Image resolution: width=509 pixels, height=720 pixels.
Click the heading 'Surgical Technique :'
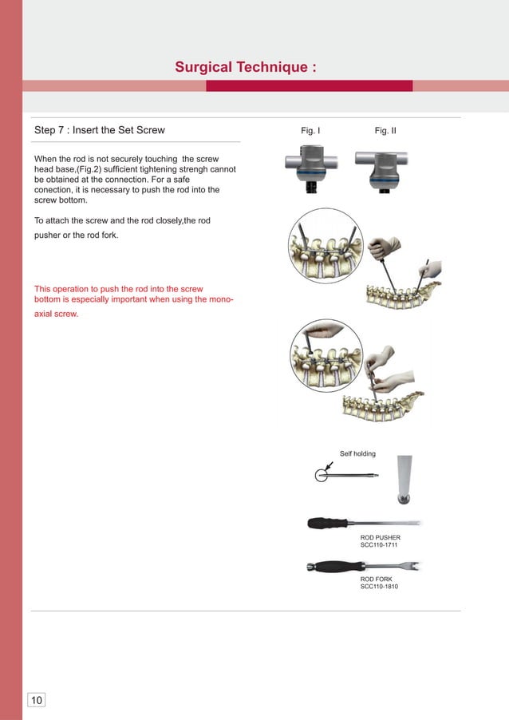(246, 68)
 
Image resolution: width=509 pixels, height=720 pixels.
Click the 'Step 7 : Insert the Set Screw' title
(100, 130)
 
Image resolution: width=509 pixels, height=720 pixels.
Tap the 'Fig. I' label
(310, 130)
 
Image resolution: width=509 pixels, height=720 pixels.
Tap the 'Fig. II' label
(385, 130)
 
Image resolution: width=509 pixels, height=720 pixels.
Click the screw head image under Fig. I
(311, 168)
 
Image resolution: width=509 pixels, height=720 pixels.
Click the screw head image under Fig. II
(385, 168)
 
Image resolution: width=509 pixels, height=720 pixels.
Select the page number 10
(37, 700)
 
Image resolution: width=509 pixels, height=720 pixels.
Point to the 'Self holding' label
(357, 454)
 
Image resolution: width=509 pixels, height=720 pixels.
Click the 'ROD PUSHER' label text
(380, 538)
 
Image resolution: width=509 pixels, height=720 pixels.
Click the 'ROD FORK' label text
(376, 579)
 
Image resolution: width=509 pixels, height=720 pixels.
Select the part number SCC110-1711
(380, 546)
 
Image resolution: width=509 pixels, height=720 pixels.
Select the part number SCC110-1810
(379, 587)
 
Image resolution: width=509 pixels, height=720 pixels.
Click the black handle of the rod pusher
(329, 523)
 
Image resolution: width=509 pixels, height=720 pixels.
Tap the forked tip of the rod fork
(413, 566)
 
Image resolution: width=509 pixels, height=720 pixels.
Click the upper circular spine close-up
(326, 246)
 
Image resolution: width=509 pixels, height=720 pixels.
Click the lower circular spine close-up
(326, 355)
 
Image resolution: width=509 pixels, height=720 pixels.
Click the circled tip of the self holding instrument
(321, 475)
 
